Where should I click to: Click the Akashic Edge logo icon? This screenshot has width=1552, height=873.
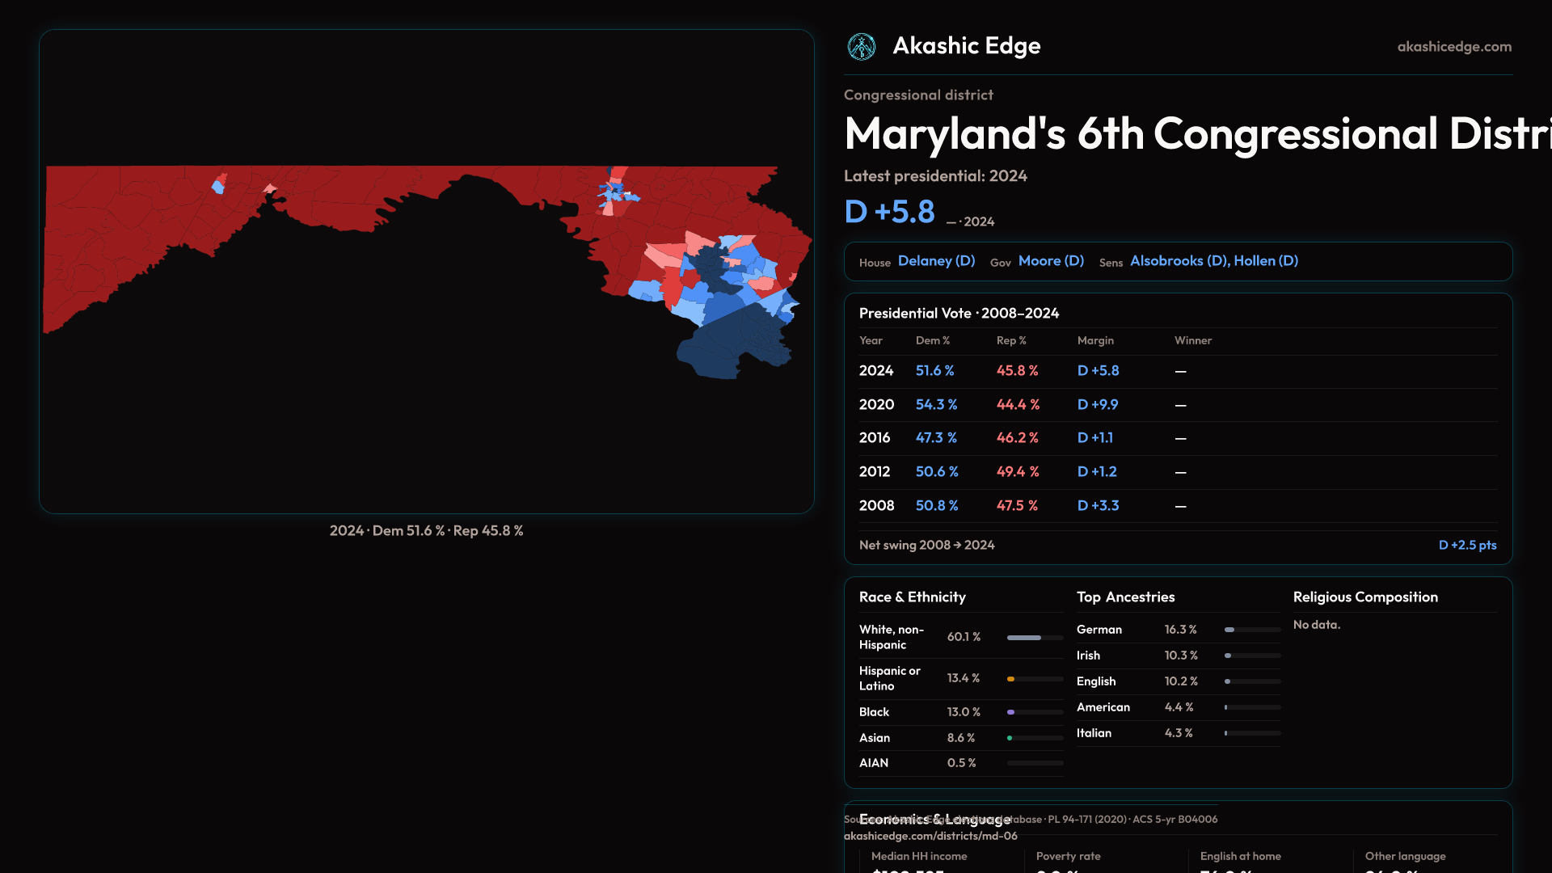(862, 47)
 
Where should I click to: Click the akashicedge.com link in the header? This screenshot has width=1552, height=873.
(1454, 47)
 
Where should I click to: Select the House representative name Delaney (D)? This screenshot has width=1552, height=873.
(936, 261)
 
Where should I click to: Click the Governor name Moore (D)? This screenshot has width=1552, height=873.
(1051, 261)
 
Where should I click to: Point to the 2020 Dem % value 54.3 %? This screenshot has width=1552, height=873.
(936, 404)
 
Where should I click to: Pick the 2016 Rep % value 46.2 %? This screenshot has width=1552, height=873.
(1018, 437)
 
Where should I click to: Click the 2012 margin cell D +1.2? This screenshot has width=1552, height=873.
(1097, 471)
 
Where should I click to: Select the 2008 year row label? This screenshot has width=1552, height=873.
(876, 505)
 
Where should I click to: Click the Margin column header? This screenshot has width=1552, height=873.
(1095, 340)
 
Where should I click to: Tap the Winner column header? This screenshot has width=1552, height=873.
(1192, 340)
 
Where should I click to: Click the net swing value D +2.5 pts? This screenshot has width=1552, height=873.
(1467, 545)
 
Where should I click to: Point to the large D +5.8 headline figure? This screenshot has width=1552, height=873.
(889, 212)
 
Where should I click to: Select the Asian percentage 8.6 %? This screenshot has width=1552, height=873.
(961, 738)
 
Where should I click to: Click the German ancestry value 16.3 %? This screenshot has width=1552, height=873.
(1180, 630)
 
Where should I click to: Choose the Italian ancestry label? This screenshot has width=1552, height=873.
(1094, 733)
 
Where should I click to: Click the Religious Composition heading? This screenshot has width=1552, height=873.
(1365, 597)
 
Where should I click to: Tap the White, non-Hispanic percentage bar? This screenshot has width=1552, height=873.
(1035, 638)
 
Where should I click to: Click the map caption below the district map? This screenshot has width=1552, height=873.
(426, 531)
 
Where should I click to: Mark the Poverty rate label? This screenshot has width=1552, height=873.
(1068, 856)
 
